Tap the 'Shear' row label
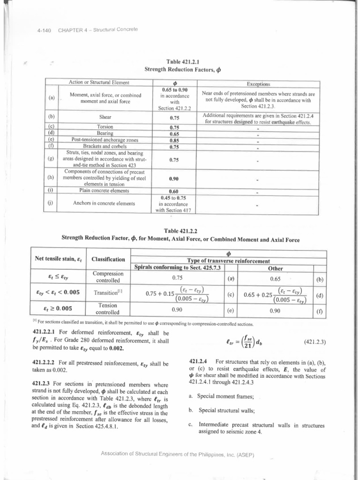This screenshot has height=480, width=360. point(105,118)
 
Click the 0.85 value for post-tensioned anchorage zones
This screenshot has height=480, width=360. point(175,140)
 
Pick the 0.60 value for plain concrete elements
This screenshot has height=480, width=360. point(175,191)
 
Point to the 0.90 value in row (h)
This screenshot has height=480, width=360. point(175,179)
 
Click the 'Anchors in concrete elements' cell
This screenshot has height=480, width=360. point(105,203)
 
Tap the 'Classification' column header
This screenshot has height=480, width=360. point(108,259)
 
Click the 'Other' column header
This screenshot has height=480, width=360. point(275,269)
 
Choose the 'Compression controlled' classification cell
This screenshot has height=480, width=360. point(108,277)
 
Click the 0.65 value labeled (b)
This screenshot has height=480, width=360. point(275,277)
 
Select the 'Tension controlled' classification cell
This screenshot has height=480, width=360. point(108,309)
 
